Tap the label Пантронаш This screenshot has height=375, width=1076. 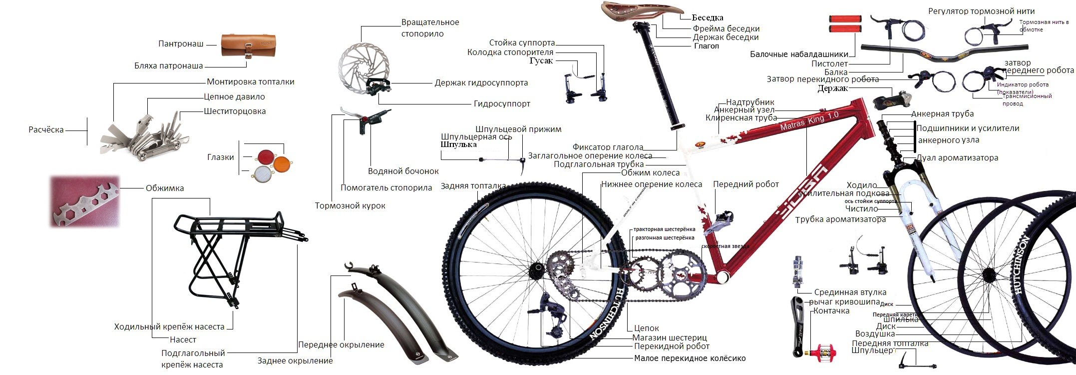(x=181, y=44)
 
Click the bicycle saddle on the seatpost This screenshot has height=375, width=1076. (x=642, y=11)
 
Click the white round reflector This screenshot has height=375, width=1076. (x=264, y=173)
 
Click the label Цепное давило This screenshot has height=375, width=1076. (x=234, y=97)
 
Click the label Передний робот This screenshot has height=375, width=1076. (x=745, y=184)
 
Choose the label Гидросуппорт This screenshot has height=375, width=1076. (x=502, y=104)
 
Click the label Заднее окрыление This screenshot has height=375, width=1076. (x=295, y=361)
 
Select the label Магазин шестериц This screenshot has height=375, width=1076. (x=670, y=337)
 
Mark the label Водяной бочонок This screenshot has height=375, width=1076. (x=403, y=171)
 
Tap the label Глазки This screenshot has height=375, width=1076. (x=220, y=157)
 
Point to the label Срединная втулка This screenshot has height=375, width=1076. (x=850, y=292)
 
